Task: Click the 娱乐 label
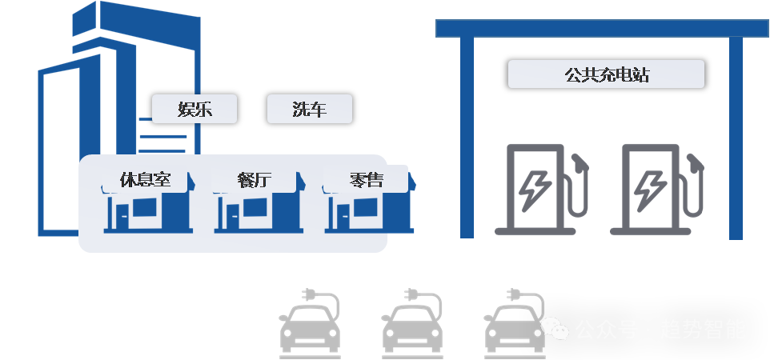[x=195, y=110]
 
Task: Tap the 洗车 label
[x=309, y=110]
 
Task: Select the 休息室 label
[x=145, y=180]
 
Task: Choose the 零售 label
[x=366, y=180]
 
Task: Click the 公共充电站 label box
[x=606, y=75]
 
